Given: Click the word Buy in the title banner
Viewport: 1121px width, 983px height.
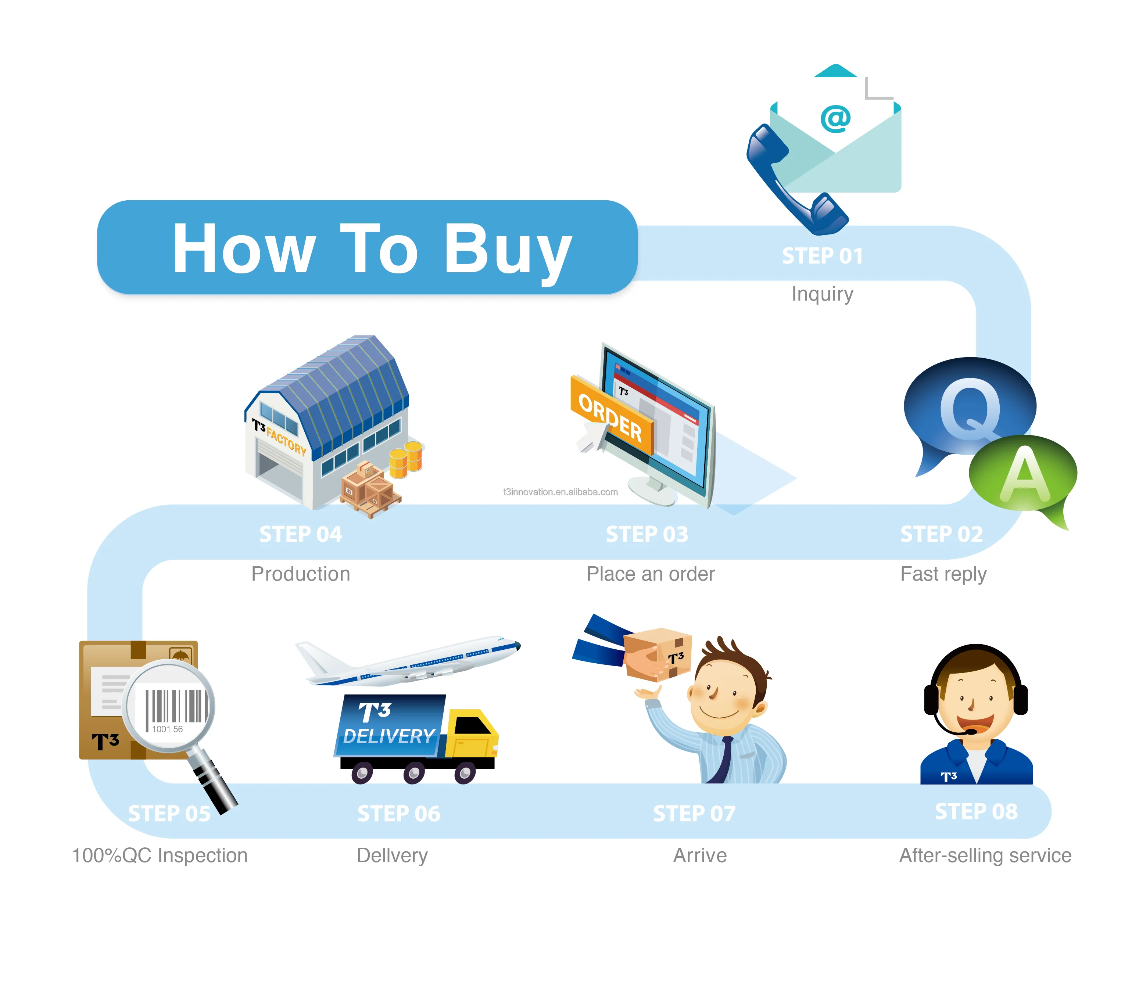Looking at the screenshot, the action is pos(507,250).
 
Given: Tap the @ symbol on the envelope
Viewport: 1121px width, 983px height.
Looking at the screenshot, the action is pos(835,118).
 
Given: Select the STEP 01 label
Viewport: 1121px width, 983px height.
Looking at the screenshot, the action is pos(822,256).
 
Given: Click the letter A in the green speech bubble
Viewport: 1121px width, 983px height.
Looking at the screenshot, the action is pos(1024,474).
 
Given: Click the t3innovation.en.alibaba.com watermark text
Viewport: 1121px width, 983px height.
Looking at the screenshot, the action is pos(560,492).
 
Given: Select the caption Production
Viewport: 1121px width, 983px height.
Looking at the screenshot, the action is pos(301,574).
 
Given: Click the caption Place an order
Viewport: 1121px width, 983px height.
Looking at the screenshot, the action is pos(651,574).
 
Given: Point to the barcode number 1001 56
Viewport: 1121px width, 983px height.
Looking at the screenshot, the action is pos(167,729).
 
